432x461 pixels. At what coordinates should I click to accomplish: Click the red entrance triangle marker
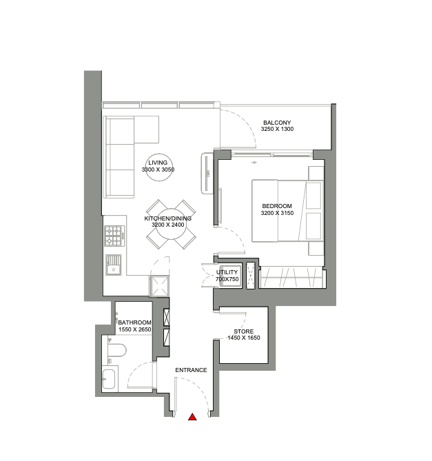(x=192, y=417)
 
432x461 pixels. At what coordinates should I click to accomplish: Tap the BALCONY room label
(x=277, y=122)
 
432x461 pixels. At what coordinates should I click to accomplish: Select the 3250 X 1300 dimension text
(x=277, y=129)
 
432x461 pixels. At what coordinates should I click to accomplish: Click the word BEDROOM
(x=277, y=206)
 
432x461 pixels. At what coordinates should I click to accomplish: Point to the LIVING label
(x=158, y=163)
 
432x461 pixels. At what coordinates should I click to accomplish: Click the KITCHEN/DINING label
(x=168, y=218)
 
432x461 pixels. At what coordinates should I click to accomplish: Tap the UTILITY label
(x=227, y=272)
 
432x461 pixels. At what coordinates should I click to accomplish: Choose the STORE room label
(x=244, y=331)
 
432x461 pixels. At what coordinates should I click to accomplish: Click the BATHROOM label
(x=134, y=322)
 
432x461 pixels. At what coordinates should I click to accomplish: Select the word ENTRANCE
(x=191, y=370)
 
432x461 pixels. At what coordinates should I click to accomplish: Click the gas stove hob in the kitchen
(x=114, y=236)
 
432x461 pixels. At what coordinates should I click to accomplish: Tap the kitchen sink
(x=114, y=265)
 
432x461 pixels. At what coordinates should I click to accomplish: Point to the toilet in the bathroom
(x=116, y=350)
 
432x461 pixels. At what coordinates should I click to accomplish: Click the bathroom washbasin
(x=109, y=379)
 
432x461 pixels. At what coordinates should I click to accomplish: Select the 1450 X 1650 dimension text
(x=244, y=338)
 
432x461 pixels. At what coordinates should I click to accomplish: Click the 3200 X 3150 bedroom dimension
(x=277, y=213)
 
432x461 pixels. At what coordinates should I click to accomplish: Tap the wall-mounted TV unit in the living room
(x=207, y=173)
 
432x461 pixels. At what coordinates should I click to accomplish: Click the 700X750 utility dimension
(x=227, y=279)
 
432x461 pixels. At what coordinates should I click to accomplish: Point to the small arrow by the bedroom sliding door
(x=254, y=163)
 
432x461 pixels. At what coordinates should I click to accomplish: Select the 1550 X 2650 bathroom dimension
(x=134, y=329)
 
